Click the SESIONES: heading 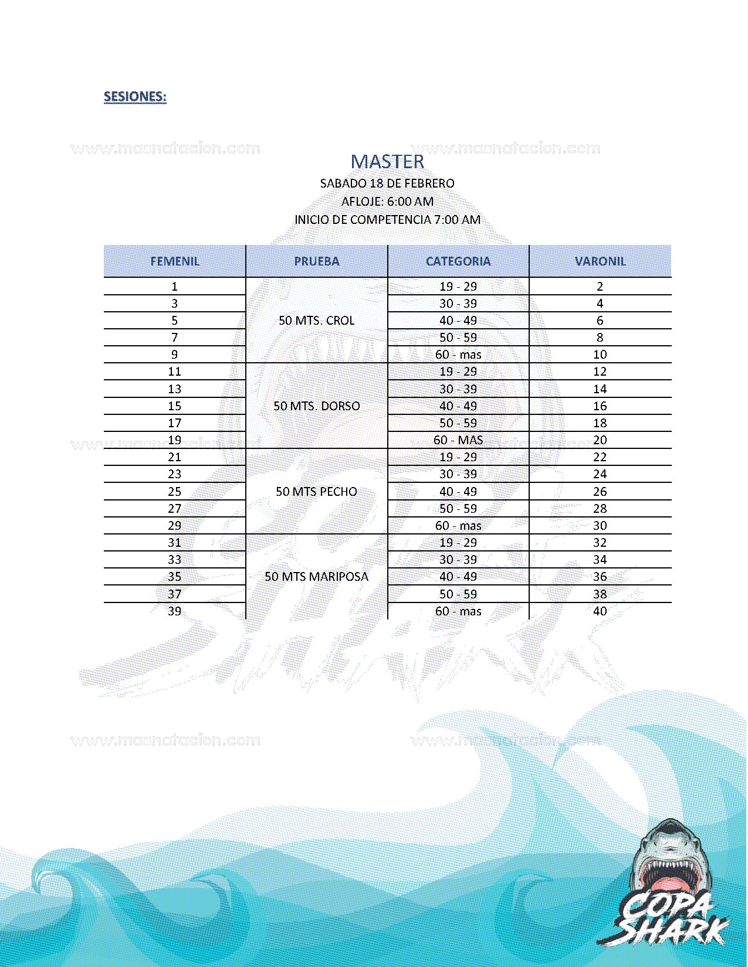[135, 97]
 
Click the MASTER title [387, 162]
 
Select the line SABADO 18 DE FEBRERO [387, 183]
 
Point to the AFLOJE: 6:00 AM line [387, 202]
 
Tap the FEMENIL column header [175, 261]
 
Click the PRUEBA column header [317, 261]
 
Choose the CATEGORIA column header [458, 261]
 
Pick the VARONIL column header [600, 261]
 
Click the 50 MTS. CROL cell [317, 321]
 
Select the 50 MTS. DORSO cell [317, 406]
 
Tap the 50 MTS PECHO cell [317, 492]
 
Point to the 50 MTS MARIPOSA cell [317, 577]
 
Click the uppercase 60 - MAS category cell [458, 440]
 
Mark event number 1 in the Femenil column [175, 287]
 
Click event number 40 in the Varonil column [600, 611]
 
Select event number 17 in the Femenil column [175, 423]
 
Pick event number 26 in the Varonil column [600, 492]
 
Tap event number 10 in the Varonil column [600, 355]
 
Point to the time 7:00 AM [457, 220]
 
